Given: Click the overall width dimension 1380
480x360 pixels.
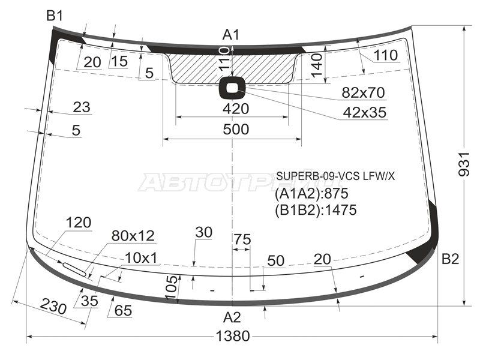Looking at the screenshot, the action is tap(233, 336).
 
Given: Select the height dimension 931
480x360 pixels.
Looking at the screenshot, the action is tap(463, 164).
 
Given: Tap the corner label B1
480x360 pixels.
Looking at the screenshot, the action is tap(55, 16).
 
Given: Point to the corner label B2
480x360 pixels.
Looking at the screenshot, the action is tap(450, 259).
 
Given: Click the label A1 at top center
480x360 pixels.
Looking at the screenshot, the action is tap(231, 35).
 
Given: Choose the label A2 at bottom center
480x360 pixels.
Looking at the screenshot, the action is tap(232, 317).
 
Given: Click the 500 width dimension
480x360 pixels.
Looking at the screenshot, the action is tap(236, 129).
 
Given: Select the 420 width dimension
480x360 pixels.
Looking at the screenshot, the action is tap(236, 109).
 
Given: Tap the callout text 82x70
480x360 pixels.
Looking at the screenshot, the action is tap(363, 92).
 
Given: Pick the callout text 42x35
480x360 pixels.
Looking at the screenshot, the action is tap(364, 113).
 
